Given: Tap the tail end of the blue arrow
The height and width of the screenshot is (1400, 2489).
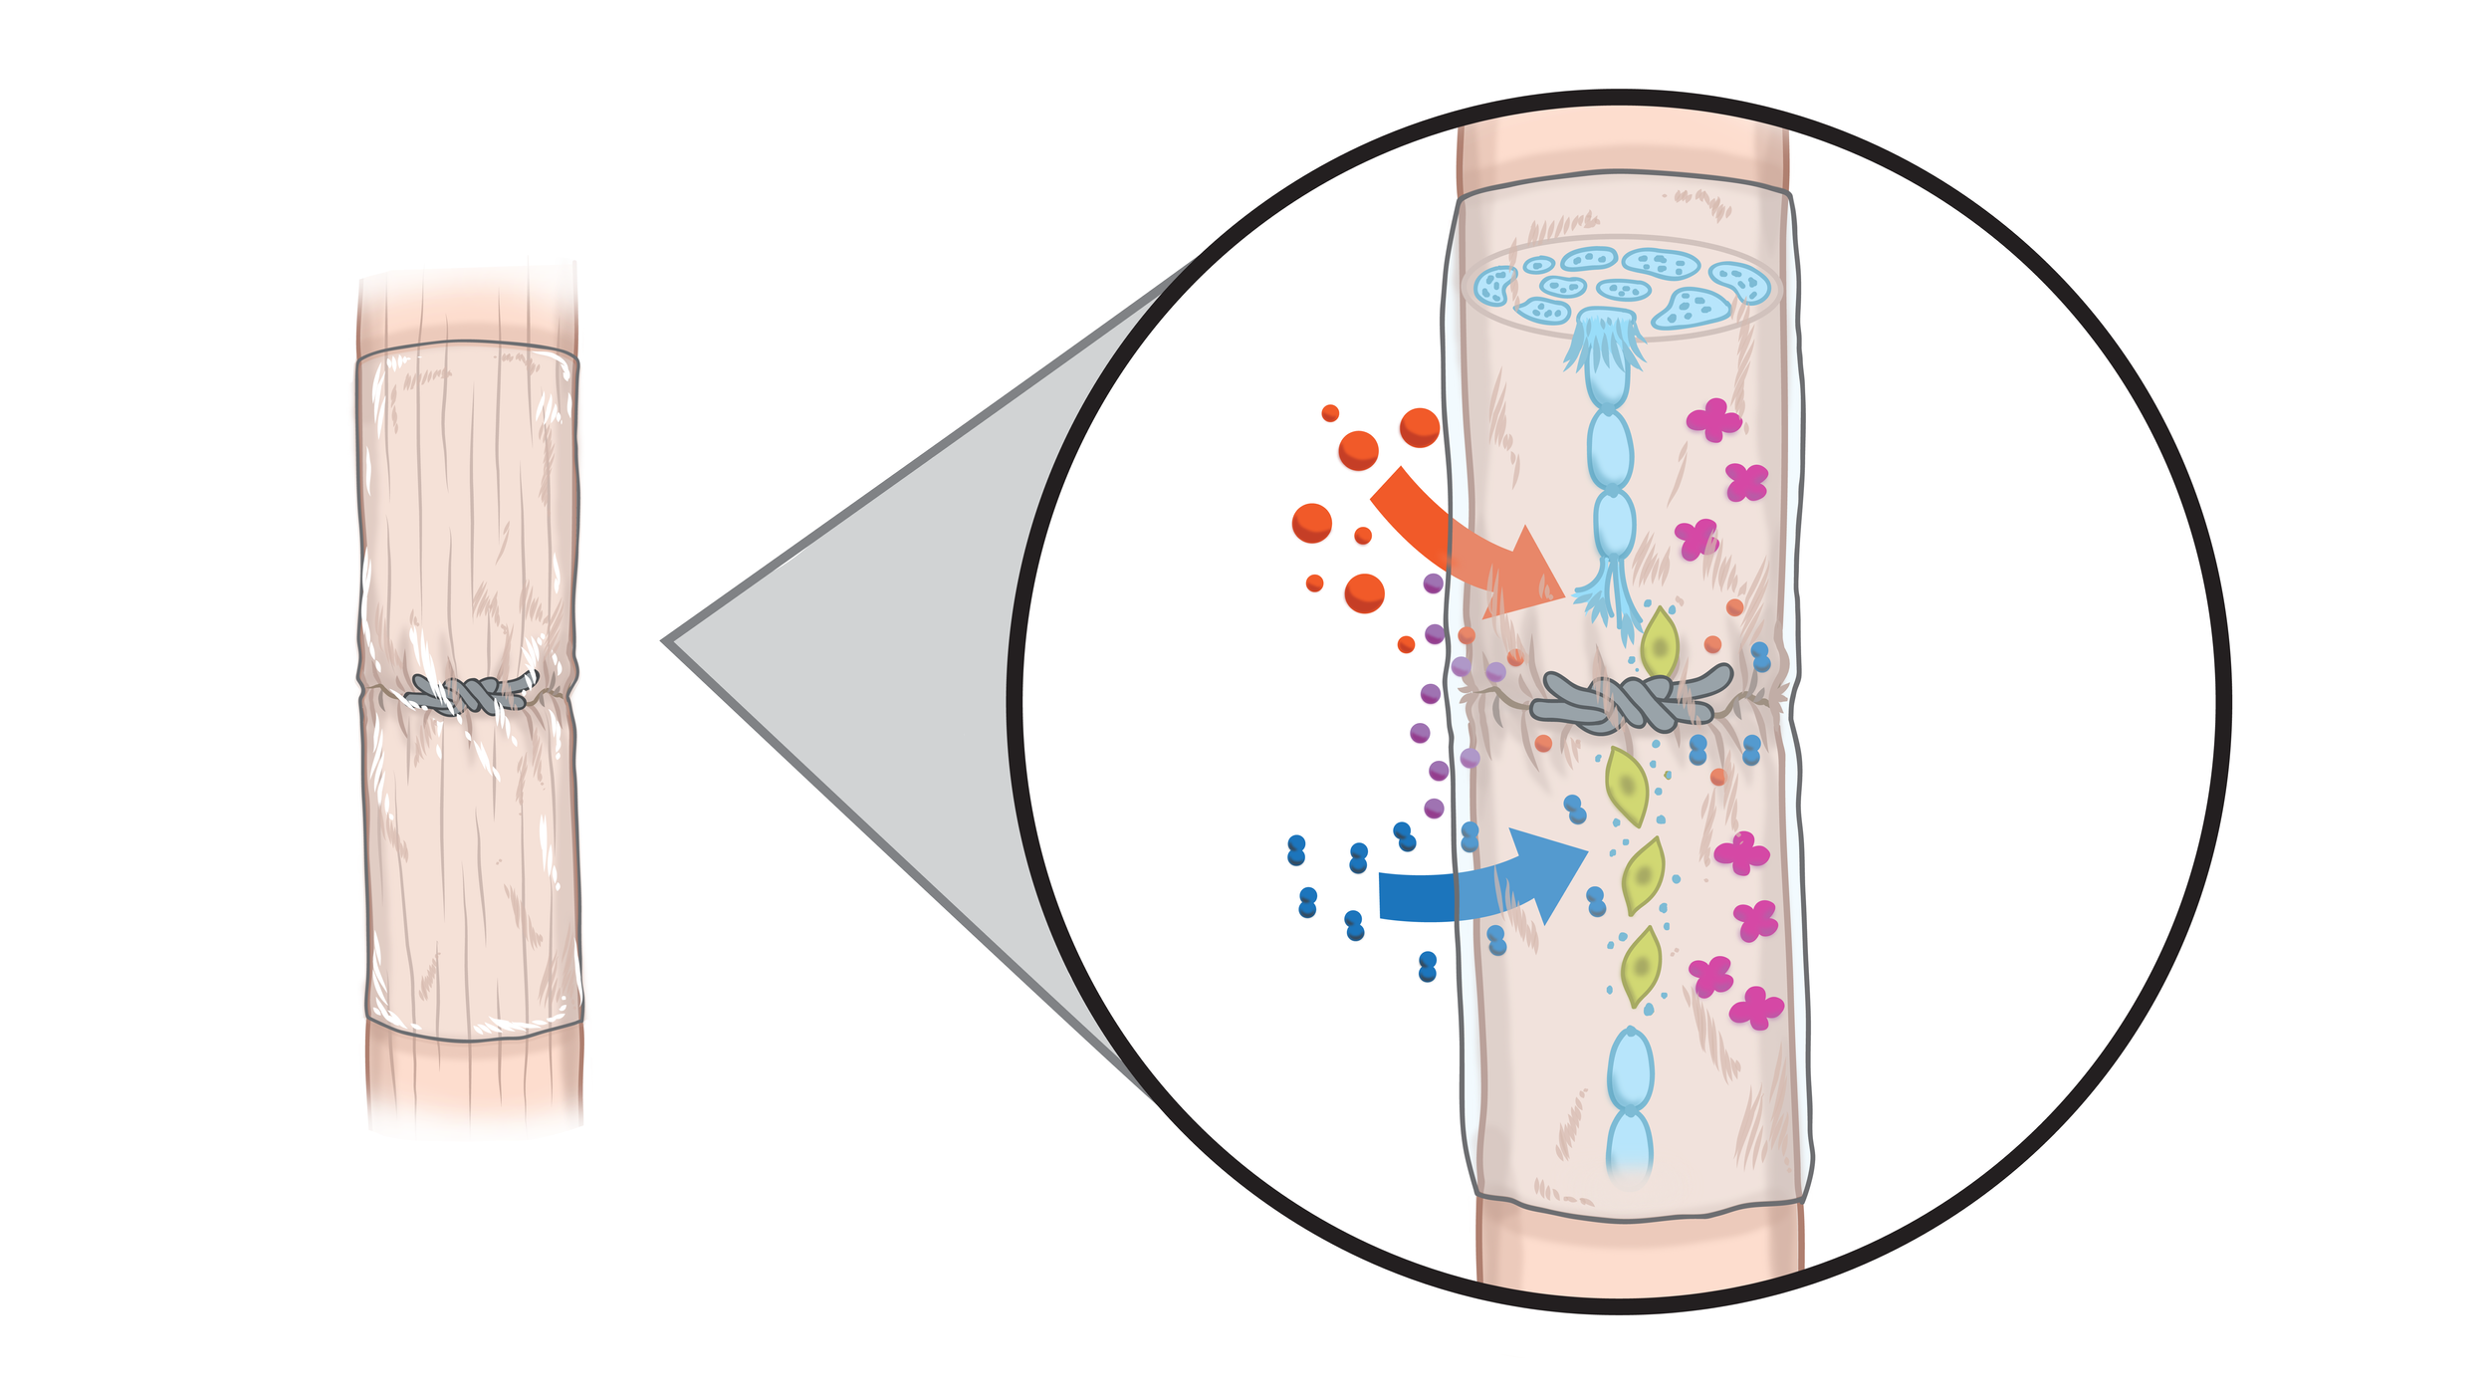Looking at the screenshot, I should tap(1389, 896).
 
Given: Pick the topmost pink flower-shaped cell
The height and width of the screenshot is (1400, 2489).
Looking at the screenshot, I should tap(1713, 419).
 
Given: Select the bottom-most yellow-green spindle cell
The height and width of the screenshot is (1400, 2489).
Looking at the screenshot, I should tap(1641, 965).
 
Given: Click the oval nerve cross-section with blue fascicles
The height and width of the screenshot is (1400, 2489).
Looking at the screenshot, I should tap(1623, 287).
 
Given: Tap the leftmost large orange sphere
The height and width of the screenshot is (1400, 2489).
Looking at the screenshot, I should tap(1311, 523).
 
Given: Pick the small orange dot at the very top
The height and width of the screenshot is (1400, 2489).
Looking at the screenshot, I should tap(1330, 413).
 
